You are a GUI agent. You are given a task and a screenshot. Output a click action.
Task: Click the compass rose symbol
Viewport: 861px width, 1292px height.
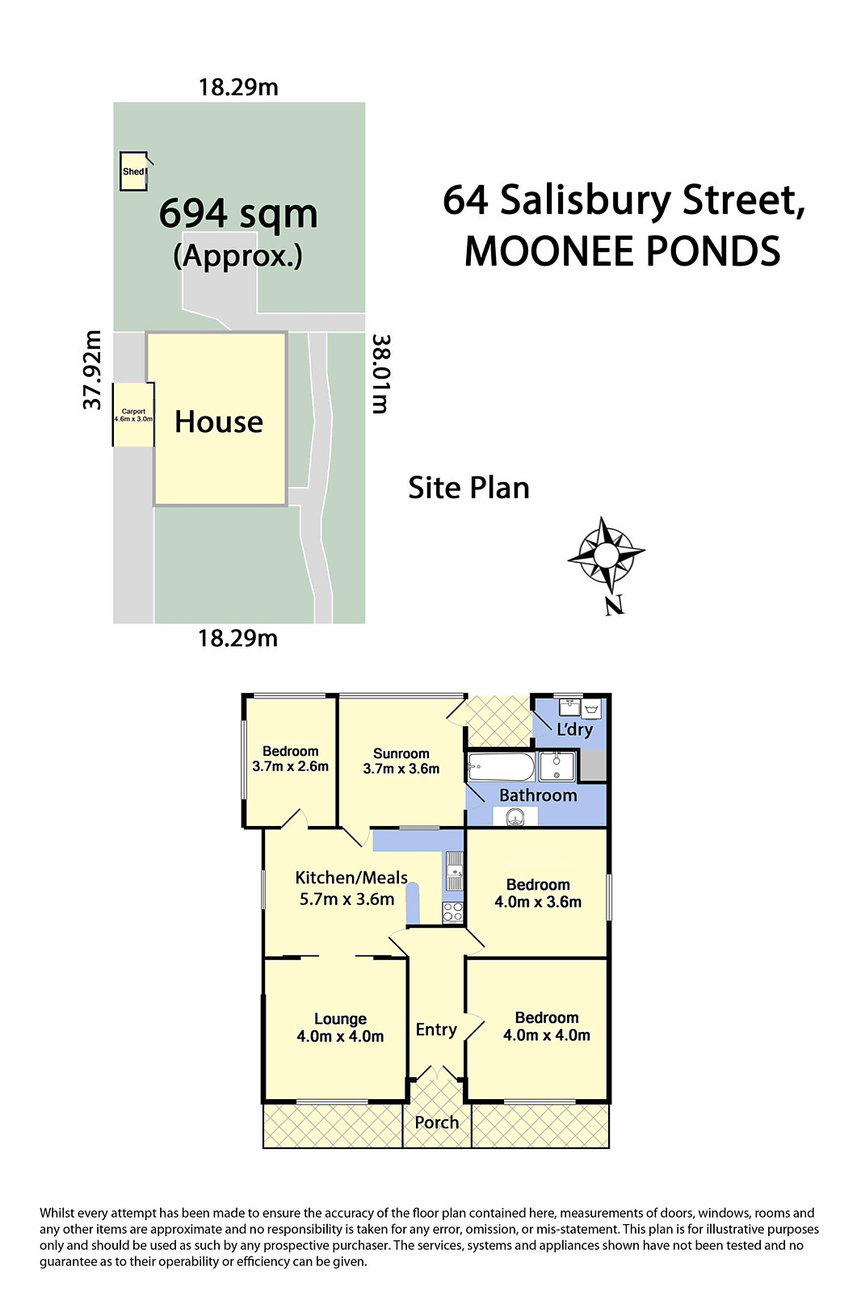(x=606, y=556)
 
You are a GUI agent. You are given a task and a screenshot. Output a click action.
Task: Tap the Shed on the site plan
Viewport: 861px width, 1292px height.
(x=133, y=171)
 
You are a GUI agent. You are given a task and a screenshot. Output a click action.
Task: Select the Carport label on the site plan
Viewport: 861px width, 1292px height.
(x=133, y=415)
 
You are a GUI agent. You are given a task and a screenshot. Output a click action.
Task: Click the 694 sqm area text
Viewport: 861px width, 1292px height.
(x=238, y=214)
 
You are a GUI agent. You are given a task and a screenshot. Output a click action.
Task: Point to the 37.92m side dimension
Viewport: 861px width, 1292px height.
(x=93, y=370)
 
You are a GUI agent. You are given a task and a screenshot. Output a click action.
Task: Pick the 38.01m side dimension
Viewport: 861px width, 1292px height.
(x=380, y=374)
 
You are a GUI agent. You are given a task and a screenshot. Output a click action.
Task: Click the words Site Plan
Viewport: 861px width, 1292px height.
(x=468, y=488)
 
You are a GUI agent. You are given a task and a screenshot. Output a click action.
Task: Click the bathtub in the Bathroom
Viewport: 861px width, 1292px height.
(x=502, y=767)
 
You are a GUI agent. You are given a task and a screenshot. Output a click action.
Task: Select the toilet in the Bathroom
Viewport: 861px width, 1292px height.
(x=515, y=817)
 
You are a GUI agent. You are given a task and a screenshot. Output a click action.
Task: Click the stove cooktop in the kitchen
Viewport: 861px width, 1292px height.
(x=453, y=912)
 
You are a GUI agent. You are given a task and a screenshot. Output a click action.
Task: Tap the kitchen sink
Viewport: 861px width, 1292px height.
(x=455, y=871)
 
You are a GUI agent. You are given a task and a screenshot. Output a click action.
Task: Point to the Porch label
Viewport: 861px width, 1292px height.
(x=437, y=1122)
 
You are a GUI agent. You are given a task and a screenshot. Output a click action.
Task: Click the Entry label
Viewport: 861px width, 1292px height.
(x=436, y=1030)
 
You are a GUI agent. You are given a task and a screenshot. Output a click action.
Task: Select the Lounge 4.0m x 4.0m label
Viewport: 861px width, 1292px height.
(x=340, y=1028)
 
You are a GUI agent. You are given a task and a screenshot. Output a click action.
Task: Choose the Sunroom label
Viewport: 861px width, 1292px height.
(x=401, y=761)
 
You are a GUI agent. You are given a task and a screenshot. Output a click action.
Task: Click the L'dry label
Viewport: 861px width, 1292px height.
(x=575, y=730)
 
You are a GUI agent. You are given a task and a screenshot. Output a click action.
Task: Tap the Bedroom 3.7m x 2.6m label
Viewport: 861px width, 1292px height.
(x=290, y=759)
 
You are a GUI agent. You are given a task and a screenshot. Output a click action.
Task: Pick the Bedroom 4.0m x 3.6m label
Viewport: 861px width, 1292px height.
(x=538, y=893)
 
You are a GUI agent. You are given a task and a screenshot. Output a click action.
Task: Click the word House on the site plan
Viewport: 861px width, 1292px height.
(x=219, y=422)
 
